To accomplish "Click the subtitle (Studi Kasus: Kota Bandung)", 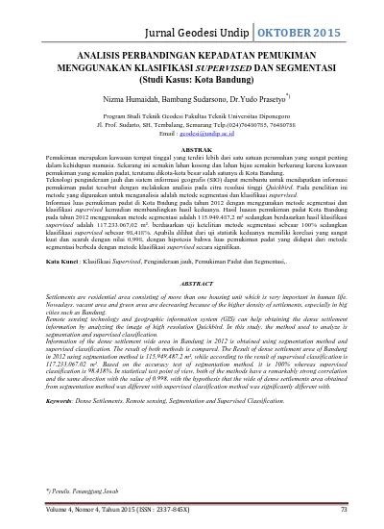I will click(192, 81).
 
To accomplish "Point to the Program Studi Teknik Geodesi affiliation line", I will click(192, 115).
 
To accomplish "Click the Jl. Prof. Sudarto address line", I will click(192, 124).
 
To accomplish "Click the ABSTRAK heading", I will click(192, 149).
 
